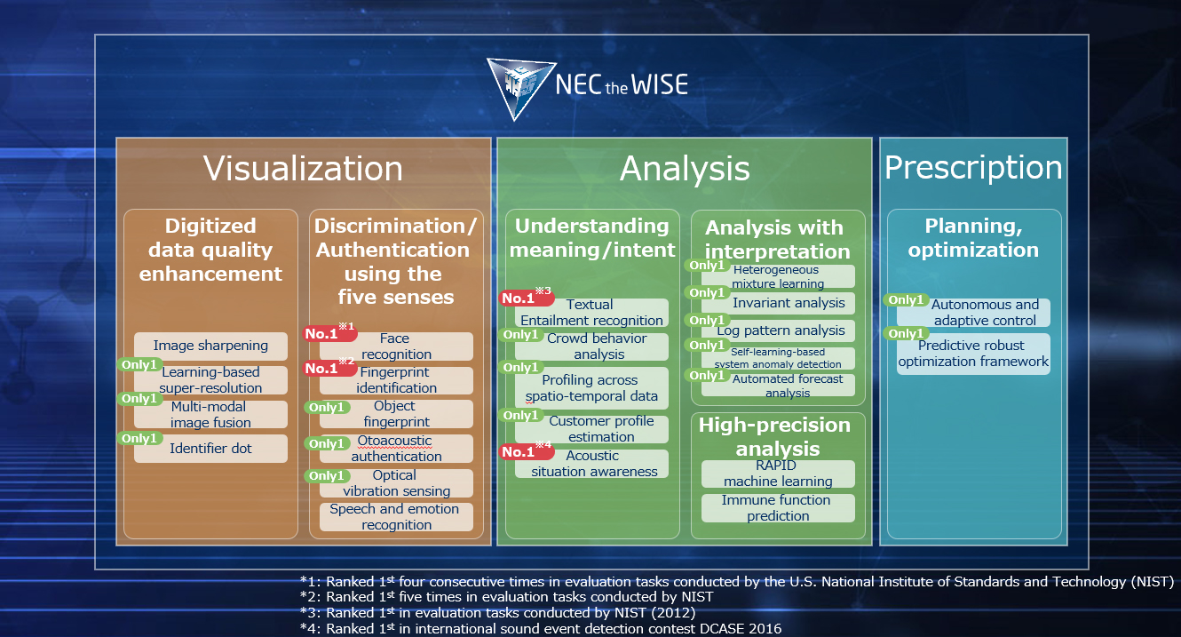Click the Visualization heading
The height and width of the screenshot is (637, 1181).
[x=303, y=169]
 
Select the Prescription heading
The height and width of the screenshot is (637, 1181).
[x=973, y=168]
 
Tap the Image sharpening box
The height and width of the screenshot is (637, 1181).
[x=211, y=346]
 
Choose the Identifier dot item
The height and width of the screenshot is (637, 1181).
[x=211, y=449]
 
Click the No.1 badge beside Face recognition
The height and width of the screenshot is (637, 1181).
[x=330, y=333]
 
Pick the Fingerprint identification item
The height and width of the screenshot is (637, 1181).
[x=396, y=380]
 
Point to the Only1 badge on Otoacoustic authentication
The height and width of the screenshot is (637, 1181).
[x=327, y=443]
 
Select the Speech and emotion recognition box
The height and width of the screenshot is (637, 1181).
[x=396, y=517]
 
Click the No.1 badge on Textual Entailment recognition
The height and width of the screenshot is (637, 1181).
[x=527, y=298]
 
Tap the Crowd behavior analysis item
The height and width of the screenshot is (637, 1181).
[x=592, y=346]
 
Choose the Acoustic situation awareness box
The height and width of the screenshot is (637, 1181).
[x=592, y=464]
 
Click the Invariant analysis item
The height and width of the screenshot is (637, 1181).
[x=778, y=303]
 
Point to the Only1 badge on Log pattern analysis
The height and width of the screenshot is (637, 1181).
[x=707, y=320]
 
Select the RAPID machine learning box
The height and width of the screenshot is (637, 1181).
[x=778, y=474]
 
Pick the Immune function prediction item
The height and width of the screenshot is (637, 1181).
[x=778, y=508]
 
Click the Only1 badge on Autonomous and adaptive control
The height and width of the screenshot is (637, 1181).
[x=907, y=300]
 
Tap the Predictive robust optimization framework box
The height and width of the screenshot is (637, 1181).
[x=974, y=354]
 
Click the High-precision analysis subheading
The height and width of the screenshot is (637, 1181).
[x=775, y=436]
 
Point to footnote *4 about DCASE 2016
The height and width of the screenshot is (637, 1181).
[x=541, y=629]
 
